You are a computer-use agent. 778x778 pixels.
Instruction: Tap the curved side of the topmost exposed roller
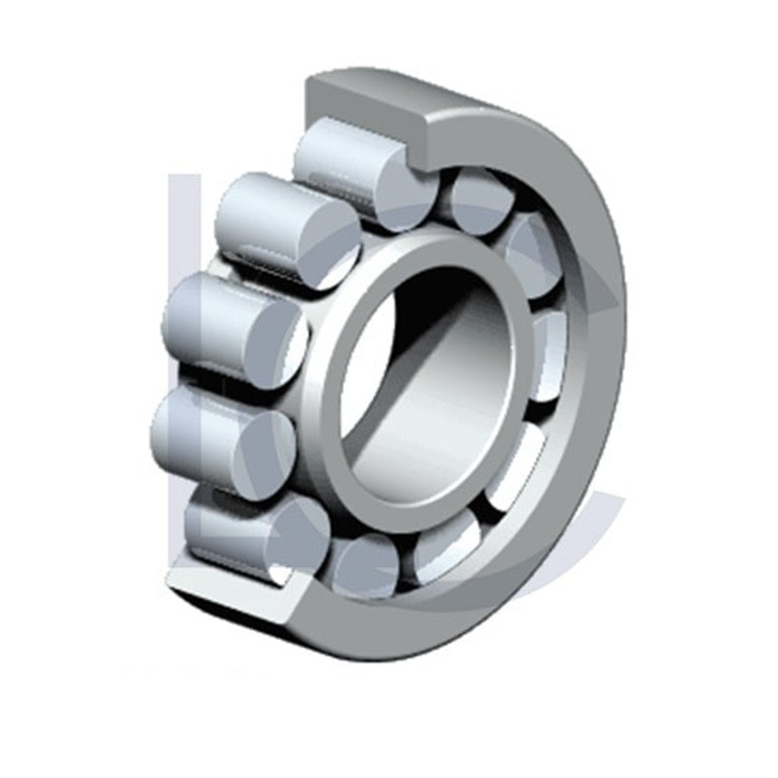pos(336,156)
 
